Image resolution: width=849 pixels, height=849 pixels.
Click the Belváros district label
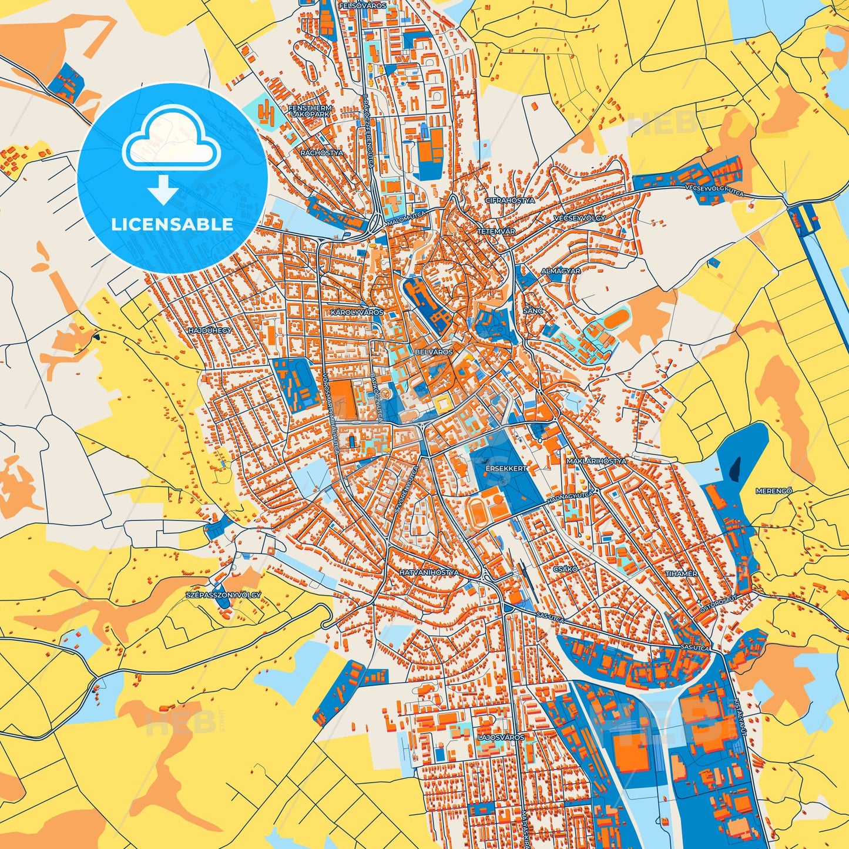[x=434, y=351]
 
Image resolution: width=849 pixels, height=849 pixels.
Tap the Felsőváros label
[x=363, y=5]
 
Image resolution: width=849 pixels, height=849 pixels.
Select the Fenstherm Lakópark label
[x=310, y=112]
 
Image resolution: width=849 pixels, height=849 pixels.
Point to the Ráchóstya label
[x=321, y=153]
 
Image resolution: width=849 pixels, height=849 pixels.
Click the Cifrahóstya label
[x=510, y=200]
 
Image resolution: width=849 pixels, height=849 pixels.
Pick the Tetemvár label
[x=496, y=231]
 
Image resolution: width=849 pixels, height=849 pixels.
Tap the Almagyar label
[x=561, y=271]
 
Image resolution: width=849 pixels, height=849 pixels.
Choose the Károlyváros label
[x=357, y=312]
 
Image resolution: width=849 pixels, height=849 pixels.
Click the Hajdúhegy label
[x=210, y=331]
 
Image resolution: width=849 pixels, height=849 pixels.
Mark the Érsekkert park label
[x=506, y=469]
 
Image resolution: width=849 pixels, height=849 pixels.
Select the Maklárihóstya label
[x=596, y=461]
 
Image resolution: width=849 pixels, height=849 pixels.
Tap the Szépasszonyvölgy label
[x=223, y=595]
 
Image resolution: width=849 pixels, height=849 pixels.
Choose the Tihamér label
[x=681, y=573]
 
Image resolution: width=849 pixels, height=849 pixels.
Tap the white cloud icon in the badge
[x=171, y=141]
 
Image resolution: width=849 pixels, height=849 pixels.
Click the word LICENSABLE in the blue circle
[x=172, y=224]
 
